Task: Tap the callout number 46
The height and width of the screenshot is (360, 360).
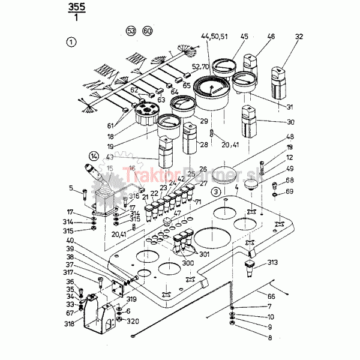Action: click(x=271, y=37)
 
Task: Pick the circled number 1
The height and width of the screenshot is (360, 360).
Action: click(x=72, y=42)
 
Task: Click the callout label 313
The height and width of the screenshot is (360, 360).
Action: click(x=273, y=262)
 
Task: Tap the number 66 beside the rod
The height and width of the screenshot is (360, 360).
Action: click(x=271, y=296)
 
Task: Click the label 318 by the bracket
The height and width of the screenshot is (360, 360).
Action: click(x=70, y=325)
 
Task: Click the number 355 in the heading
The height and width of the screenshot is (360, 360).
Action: click(x=78, y=7)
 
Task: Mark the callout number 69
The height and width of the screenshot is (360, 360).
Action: click(x=290, y=191)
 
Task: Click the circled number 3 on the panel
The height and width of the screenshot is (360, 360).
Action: click(x=215, y=191)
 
